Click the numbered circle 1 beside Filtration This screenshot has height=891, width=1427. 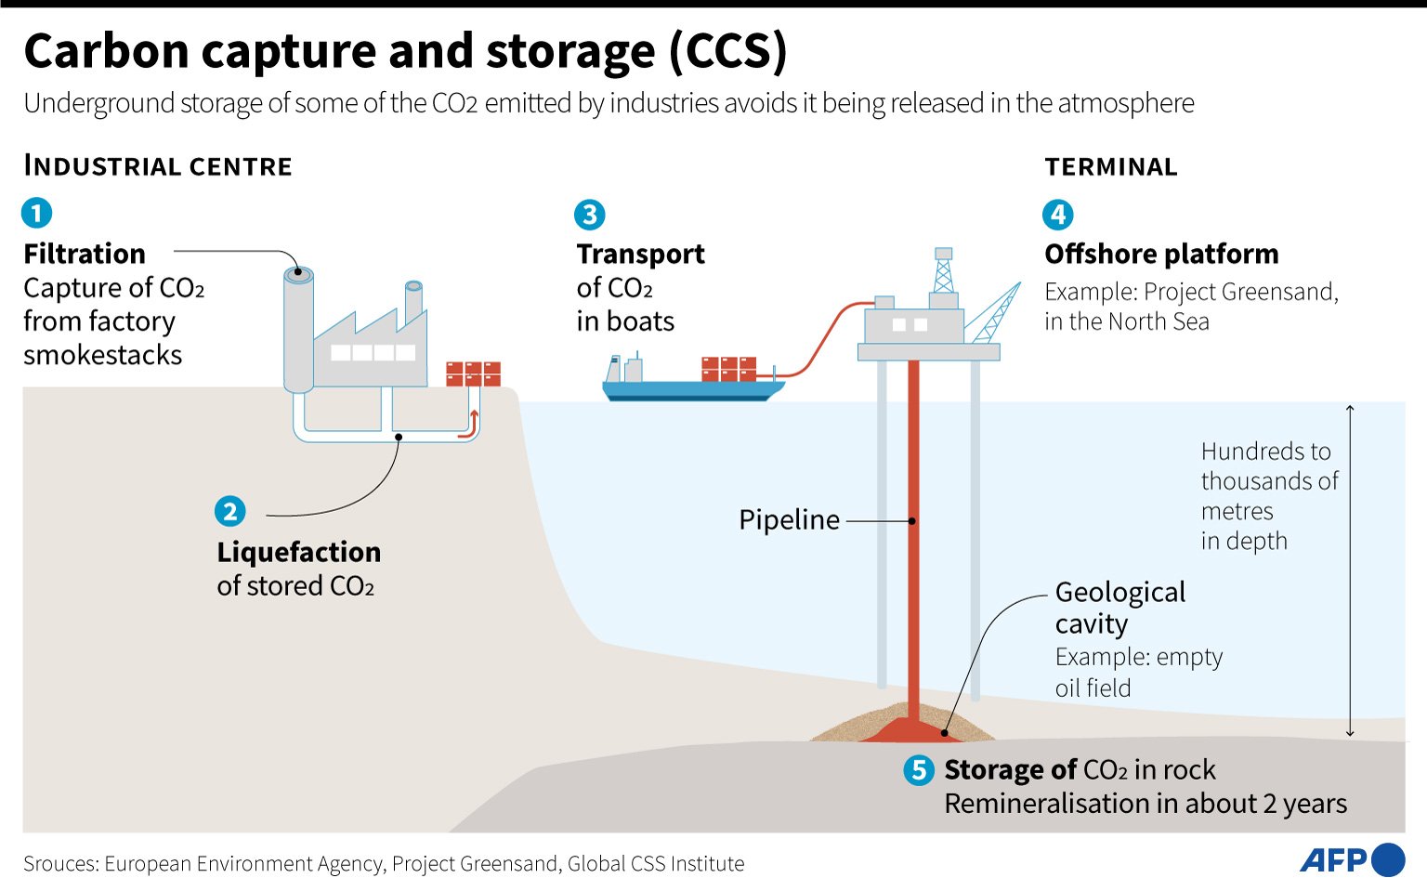coord(36,213)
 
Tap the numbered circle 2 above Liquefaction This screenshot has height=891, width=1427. coord(230,511)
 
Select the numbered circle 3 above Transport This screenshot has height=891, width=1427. coord(589,215)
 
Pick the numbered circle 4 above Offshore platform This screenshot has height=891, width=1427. coord(1057,215)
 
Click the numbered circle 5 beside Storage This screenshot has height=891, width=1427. coord(919,769)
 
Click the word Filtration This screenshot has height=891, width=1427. coord(85,254)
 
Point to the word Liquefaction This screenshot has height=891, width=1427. coord(298,552)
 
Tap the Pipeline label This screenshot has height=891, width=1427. coord(789,520)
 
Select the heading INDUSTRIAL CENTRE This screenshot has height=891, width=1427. coord(158,166)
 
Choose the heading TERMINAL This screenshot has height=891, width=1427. coord(1111,167)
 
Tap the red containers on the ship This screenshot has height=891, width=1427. coord(728,369)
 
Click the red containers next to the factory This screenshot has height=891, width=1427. coord(473,373)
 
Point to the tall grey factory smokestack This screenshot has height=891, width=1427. coord(298,330)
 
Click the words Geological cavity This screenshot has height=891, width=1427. coord(1119,608)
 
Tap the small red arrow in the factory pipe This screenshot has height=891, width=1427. coord(473,423)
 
